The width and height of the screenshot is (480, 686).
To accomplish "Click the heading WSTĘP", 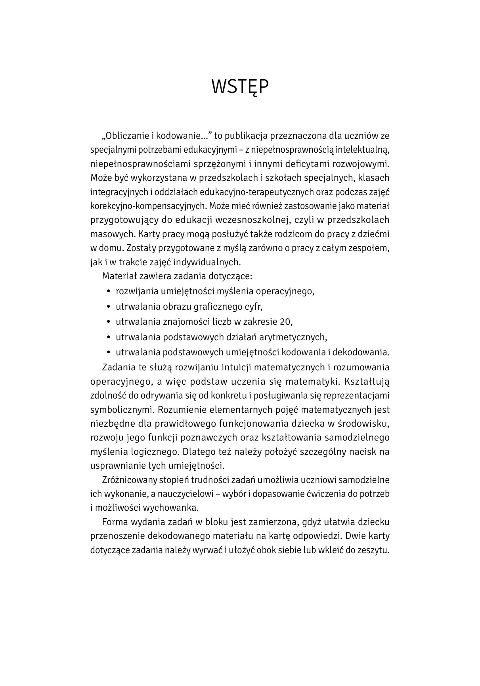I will (x=240, y=87).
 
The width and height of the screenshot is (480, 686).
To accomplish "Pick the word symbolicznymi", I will (x=116, y=410).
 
